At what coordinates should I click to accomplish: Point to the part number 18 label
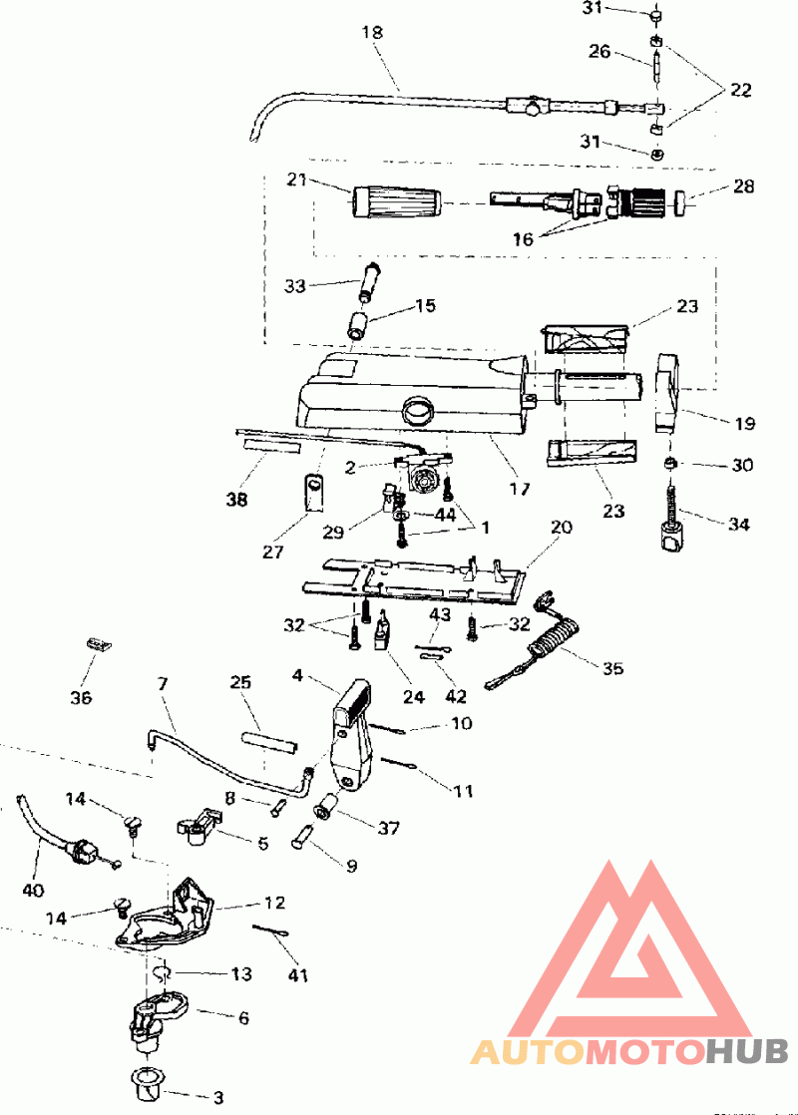pyautogui.click(x=372, y=32)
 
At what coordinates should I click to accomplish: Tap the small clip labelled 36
pyautogui.click(x=100, y=644)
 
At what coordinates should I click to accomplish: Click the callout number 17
pyautogui.click(x=520, y=490)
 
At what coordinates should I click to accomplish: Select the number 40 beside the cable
pyautogui.click(x=33, y=890)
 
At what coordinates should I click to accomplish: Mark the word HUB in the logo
pyautogui.click(x=747, y=1051)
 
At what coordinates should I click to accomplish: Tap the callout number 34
pyautogui.click(x=738, y=524)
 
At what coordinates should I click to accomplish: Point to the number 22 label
pyautogui.click(x=740, y=90)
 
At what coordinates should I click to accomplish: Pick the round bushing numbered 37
pyautogui.click(x=327, y=805)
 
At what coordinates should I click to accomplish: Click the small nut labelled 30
pyautogui.click(x=670, y=464)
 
